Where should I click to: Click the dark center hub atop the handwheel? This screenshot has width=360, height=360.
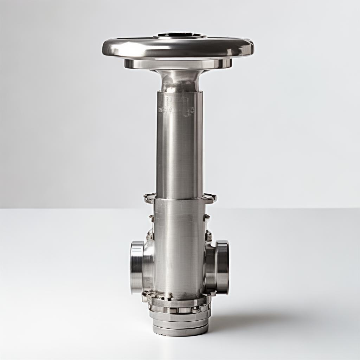click(180, 35)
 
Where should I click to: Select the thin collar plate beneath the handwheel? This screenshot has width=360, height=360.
click(178, 64)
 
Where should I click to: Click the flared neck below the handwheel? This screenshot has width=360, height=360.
click(180, 80)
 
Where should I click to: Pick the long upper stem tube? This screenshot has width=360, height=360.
click(179, 148)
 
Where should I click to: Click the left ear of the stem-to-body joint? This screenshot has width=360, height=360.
click(149, 198)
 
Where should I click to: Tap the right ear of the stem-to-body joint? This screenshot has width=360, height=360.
click(210, 198)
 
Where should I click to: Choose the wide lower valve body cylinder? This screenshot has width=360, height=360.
click(179, 246)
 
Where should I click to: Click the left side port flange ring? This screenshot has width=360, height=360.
click(137, 267)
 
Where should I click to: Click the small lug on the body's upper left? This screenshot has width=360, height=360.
click(152, 218)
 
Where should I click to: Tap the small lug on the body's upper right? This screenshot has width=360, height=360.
click(207, 217)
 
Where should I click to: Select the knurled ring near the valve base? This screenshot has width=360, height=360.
click(179, 310)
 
